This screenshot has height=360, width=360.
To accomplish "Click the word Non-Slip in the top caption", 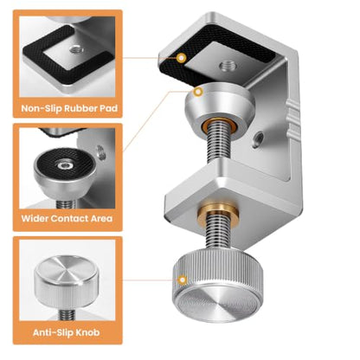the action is pyautogui.click(x=42, y=108).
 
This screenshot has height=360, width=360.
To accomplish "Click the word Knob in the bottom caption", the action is pyautogui.click(x=87, y=332).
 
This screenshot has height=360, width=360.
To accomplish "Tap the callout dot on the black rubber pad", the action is pyautogui.click(x=181, y=58).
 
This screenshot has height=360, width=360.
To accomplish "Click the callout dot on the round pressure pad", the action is pyautogui.click(x=198, y=92).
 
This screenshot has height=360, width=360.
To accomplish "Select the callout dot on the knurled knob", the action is pyautogui.click(x=183, y=280).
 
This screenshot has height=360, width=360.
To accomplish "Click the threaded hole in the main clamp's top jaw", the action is pyautogui.click(x=228, y=67).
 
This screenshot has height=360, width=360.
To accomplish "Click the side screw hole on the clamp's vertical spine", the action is pyautogui.click(x=258, y=138).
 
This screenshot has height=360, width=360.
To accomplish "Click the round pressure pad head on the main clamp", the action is pyautogui.click(x=220, y=106).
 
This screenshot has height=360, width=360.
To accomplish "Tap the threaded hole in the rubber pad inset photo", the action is pyautogui.click(x=77, y=50).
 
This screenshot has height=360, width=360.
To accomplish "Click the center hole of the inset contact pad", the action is pyautogui.click(x=64, y=166).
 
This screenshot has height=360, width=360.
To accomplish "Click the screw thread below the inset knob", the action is pyautogui.click(x=67, y=314).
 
